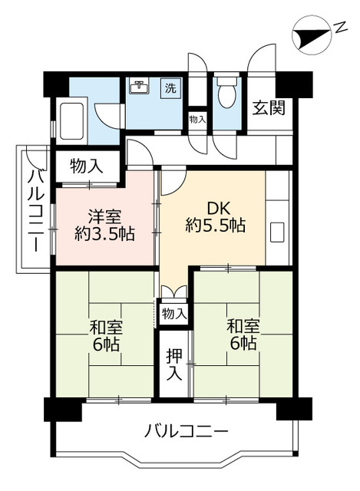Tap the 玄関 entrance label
269,107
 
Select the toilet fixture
227,96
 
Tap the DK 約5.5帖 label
215,216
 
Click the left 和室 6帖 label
104,336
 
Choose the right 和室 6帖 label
242,336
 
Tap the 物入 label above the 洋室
85,165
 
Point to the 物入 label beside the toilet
197,119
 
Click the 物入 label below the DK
174,312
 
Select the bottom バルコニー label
186,431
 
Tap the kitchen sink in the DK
278,230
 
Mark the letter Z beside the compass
339,30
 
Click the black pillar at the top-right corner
296,82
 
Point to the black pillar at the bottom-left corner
62,409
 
